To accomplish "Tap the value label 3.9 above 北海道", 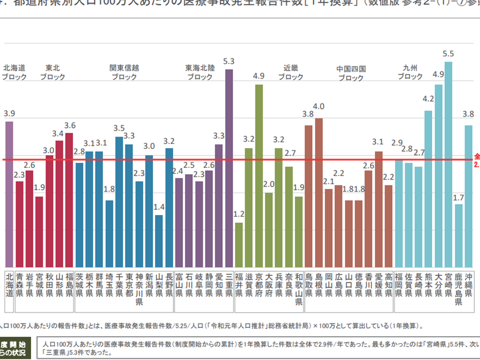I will pyautogui.click(x=9, y=113).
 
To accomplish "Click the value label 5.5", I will pyautogui.click(x=448, y=54).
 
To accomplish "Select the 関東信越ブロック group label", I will pyautogui.click(x=124, y=73).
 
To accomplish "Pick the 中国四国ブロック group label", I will pyautogui.click(x=351, y=73).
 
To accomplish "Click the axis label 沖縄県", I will pyautogui.click(x=469, y=283).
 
